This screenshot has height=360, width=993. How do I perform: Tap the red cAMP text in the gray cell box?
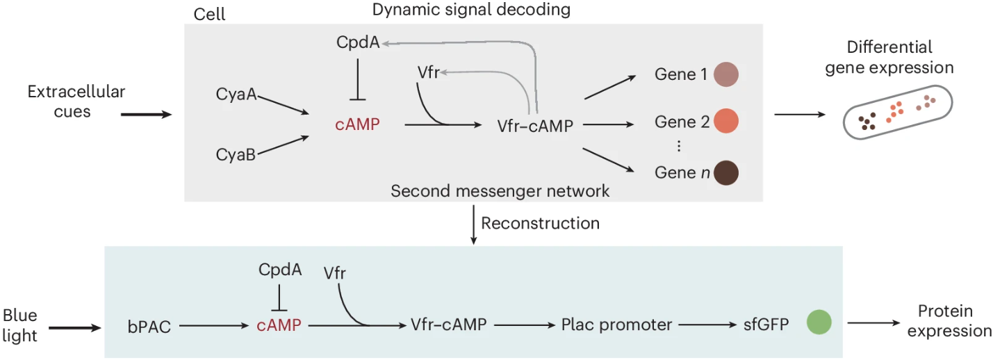[357, 124]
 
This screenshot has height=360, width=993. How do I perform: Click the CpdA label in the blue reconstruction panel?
[280, 269]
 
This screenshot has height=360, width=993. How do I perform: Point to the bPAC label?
[149, 325]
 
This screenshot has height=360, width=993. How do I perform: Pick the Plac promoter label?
[616, 325]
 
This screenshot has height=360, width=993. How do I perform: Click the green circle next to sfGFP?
[819, 323]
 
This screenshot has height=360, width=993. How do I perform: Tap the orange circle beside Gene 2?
[725, 122]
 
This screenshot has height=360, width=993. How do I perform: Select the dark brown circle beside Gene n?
[725, 172]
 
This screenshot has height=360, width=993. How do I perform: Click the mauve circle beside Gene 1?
[725, 74]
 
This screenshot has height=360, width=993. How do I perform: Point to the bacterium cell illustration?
[896, 113]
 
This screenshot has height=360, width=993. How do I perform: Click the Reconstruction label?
[540, 223]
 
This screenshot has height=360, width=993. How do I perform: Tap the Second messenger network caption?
[500, 190]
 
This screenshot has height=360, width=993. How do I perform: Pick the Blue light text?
[20, 325]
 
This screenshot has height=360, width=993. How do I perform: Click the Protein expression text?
[954, 321]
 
